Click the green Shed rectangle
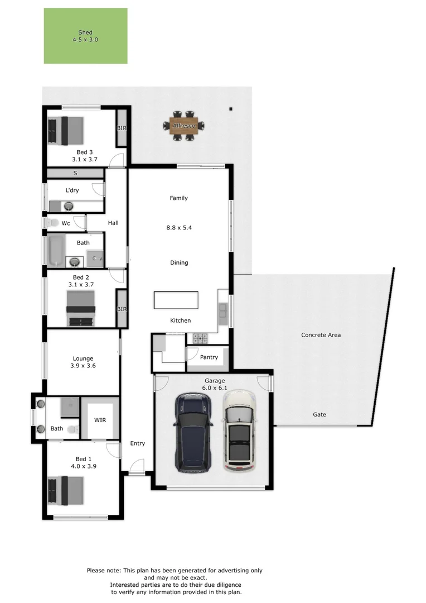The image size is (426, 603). coord(86,36)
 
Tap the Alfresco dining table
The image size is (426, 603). coord(184,126)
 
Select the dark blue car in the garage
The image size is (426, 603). coord(194,433)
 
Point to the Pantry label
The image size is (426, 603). coord(209,357)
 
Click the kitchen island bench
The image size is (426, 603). coord(176,300)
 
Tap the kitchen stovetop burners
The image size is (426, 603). coord(200,338)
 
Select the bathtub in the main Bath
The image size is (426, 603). coord(56,251)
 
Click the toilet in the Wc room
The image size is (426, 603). coord(53,223)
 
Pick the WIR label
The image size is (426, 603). coord(100,420)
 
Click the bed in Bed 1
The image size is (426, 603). coord(65,491)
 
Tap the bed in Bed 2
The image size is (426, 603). coord(81,308)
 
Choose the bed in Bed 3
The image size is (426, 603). coord(65,131)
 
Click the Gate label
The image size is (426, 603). coord(319,414)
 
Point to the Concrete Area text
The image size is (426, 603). coord(321,335)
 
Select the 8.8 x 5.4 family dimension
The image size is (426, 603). coord(179,228)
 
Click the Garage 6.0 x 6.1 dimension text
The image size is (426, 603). coord(215,388)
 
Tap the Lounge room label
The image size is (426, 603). coord(83,358)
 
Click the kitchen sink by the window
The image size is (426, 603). coord(223,310)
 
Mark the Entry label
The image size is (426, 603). coord(138,443)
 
